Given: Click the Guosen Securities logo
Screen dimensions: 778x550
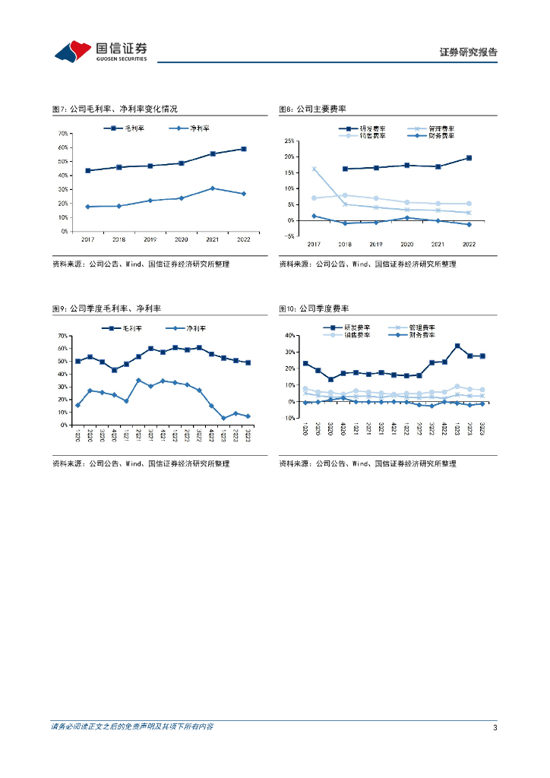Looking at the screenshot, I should (100, 51).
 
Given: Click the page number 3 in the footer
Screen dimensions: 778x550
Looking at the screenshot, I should (495, 727).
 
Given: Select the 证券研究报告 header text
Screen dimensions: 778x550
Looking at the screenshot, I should (469, 52).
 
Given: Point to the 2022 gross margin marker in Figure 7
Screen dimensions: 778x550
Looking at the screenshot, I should (244, 149).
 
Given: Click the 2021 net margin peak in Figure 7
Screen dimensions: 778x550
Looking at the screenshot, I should (213, 188).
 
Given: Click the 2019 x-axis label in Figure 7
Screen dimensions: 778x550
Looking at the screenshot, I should (150, 239).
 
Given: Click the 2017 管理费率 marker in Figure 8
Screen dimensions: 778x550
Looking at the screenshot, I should (314, 169).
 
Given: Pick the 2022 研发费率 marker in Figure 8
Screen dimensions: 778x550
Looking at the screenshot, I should (469, 158).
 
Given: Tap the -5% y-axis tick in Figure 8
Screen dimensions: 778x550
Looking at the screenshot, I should (289, 236).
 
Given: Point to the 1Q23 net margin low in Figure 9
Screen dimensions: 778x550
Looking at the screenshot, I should (223, 418).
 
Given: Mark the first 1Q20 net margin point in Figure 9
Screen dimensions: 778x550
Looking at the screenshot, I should (77, 405).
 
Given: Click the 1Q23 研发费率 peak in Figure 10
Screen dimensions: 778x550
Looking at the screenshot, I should (457, 346).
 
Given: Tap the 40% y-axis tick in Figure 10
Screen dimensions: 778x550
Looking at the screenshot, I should (289, 335).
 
